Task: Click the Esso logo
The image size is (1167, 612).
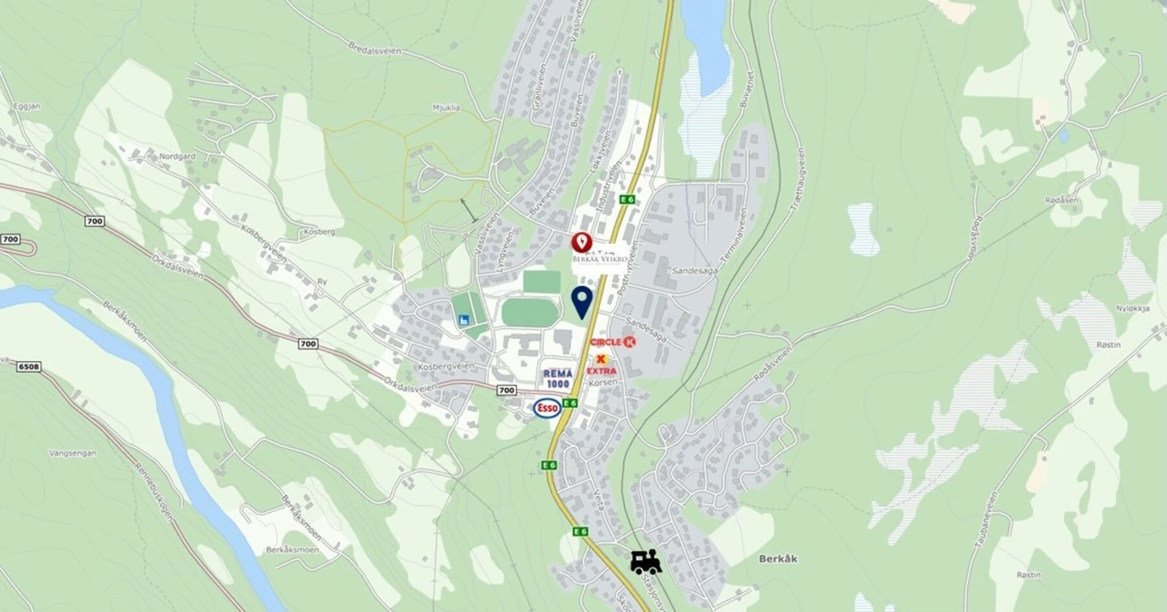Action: (547, 408)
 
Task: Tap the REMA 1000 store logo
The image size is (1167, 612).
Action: (558, 379)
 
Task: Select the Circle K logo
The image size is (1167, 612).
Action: (613, 341)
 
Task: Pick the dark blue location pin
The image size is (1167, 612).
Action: (581, 301)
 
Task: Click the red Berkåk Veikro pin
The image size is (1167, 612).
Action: (581, 242)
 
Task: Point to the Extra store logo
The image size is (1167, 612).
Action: (601, 365)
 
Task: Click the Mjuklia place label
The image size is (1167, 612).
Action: (446, 107)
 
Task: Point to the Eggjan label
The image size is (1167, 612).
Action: (26, 106)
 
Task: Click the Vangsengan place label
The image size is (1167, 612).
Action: (72, 453)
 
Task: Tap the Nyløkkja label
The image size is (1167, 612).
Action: (1132, 309)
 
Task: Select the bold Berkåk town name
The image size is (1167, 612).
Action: (778, 559)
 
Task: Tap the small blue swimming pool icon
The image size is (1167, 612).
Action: (464, 319)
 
